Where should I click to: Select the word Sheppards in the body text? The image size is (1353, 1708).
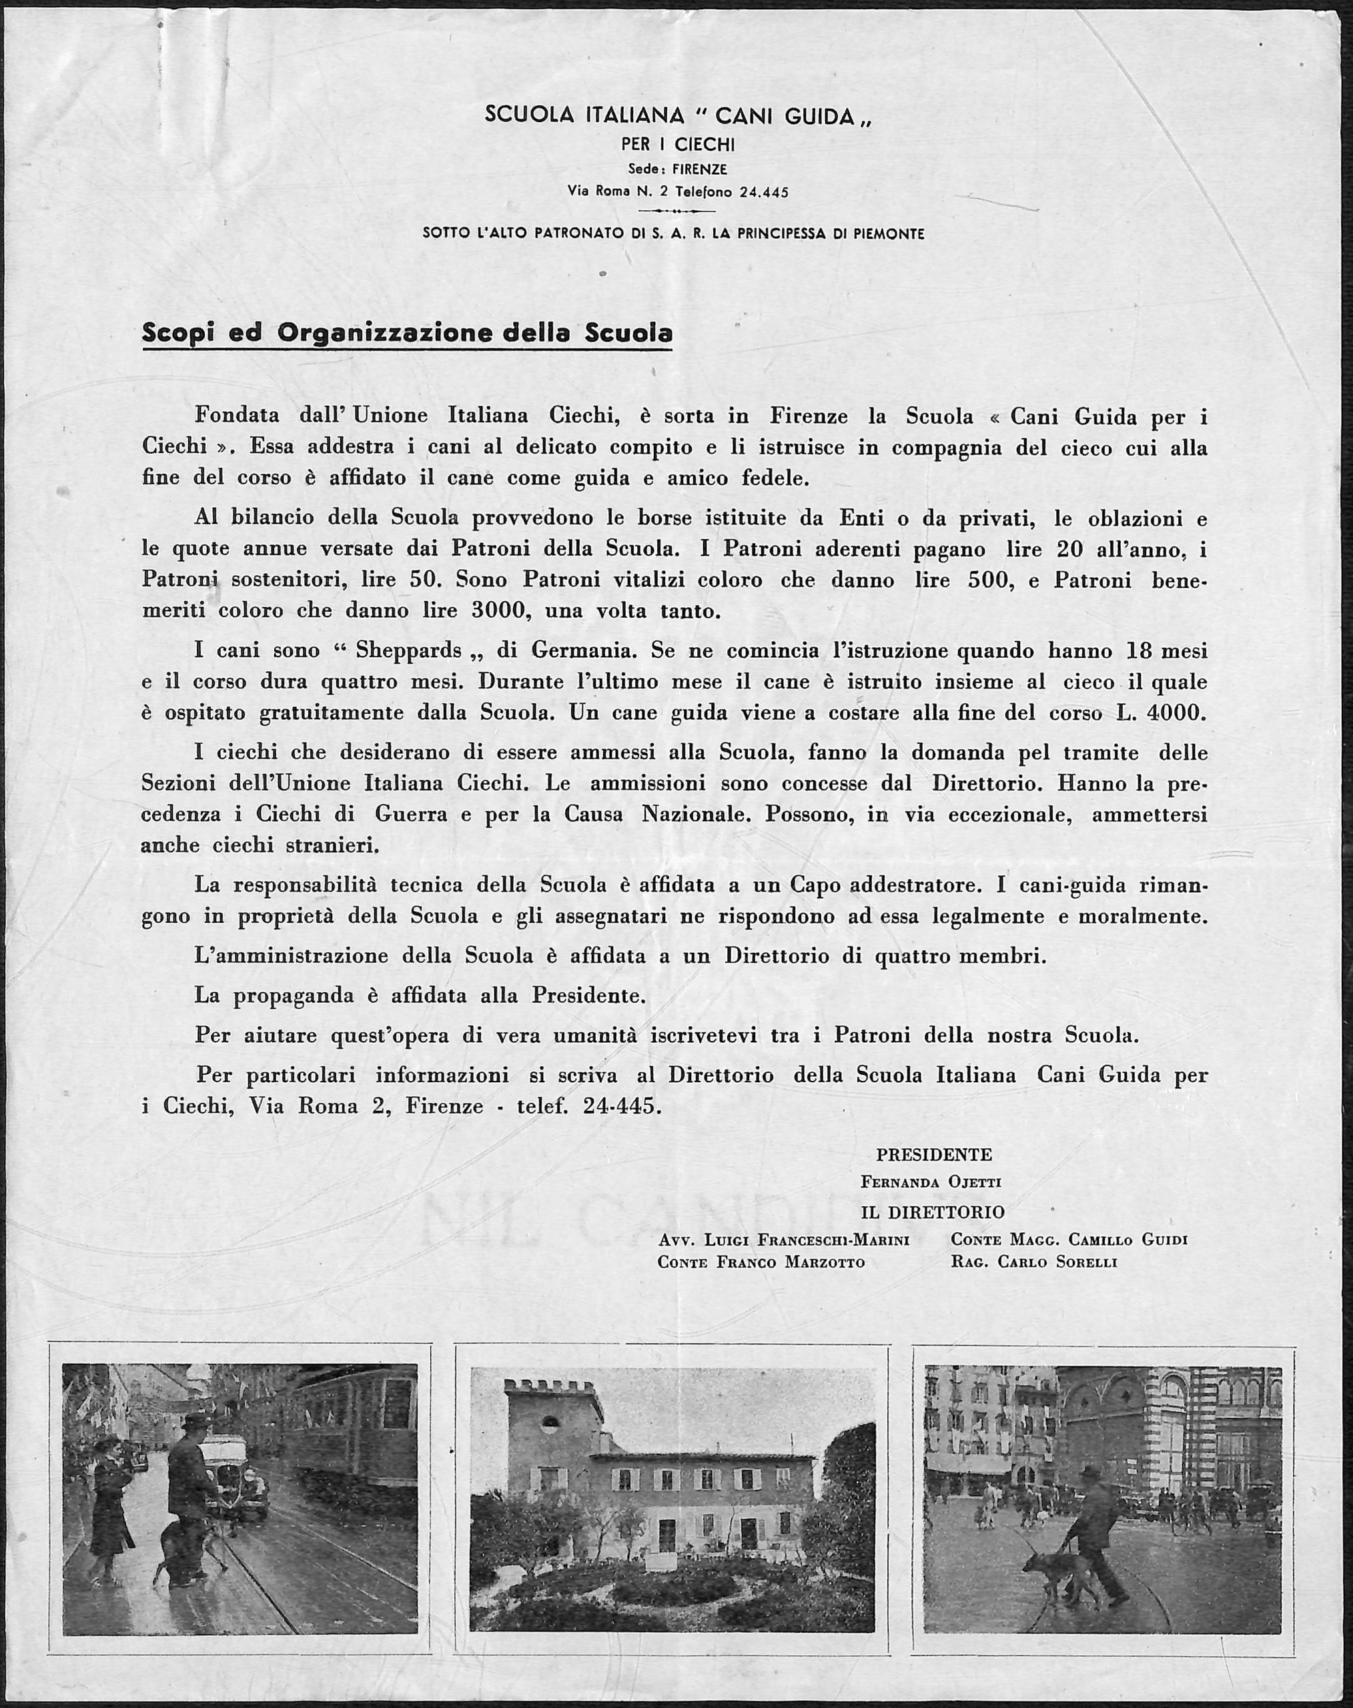tap(409, 651)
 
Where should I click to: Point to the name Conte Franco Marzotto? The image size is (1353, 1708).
tap(761, 1262)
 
